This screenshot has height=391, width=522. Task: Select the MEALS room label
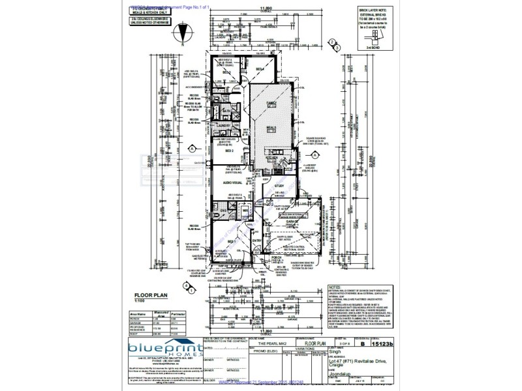[270, 128]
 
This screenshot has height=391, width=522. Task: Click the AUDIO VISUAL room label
[233, 184]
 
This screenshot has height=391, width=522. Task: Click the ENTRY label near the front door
[256, 240]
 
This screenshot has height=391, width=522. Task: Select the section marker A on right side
[335, 44]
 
